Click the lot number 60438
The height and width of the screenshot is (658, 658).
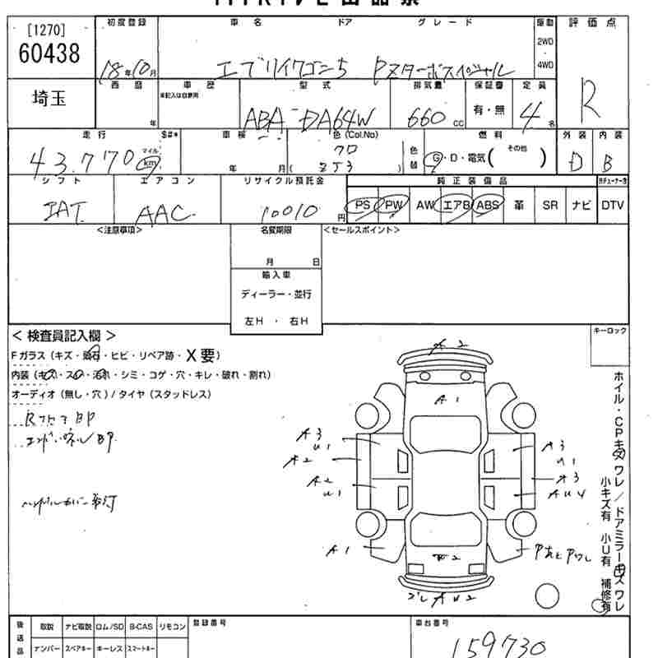click(49, 54)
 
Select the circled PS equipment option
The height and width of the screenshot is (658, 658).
click(359, 206)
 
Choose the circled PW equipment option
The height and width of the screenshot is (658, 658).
click(391, 206)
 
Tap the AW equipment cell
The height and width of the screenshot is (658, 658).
click(424, 206)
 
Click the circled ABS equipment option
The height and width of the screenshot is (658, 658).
click(488, 206)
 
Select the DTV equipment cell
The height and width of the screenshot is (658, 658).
click(612, 206)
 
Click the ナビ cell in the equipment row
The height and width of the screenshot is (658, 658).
click(582, 206)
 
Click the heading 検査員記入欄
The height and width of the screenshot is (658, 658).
click(63, 336)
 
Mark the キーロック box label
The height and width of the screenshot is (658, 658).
click(609, 331)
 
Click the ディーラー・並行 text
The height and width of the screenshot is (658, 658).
click(276, 294)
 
